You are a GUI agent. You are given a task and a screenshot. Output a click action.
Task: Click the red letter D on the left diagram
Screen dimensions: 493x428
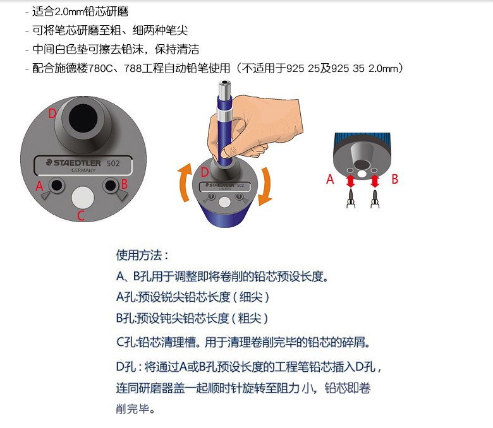tap(52, 114)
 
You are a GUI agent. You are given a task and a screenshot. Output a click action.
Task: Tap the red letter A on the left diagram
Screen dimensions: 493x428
tap(39, 186)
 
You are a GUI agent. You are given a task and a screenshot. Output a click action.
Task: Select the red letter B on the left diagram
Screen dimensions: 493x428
tap(124, 184)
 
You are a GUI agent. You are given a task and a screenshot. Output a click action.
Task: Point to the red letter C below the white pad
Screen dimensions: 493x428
tap(81, 215)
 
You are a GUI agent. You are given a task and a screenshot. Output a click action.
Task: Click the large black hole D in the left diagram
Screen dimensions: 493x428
tap(83, 119)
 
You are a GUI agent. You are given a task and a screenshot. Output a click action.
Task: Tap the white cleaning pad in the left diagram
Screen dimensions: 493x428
tap(83, 197)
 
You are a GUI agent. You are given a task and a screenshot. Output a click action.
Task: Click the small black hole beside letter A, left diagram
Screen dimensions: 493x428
tap(57, 185)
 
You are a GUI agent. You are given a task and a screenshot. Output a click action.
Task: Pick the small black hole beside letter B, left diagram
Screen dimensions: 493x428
tap(111, 185)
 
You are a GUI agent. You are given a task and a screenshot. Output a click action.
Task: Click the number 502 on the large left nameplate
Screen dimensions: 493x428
tap(113, 163)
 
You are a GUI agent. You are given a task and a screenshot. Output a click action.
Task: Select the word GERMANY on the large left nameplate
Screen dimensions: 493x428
tap(83, 170)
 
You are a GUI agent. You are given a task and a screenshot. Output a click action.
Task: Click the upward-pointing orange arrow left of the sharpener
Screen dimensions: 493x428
tap(185, 182)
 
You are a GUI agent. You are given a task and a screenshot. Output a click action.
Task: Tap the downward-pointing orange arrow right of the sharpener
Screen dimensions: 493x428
tap(265, 186)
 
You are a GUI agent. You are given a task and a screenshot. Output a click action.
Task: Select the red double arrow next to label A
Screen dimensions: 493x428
tap(351, 181)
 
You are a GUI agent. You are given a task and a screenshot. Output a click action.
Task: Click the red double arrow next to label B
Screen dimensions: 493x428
tap(374, 181)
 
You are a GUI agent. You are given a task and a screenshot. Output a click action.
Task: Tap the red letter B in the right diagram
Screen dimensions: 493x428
tap(395, 179)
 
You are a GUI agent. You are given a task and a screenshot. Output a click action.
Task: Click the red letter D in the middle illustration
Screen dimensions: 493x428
tap(205, 172)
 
